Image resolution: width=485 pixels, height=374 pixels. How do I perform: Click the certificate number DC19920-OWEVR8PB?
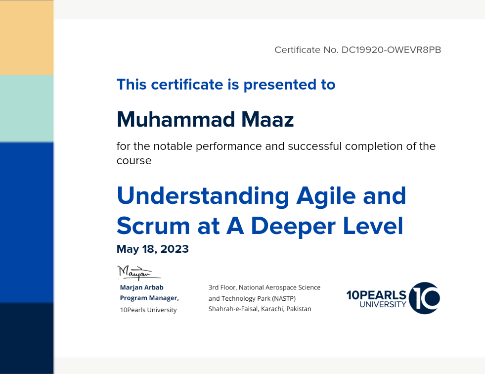tap(391, 50)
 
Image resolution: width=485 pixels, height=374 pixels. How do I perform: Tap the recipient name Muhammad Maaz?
tap(205, 119)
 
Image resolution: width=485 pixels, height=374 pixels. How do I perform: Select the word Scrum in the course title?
tap(153, 226)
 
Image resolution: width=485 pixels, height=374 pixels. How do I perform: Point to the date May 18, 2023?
tap(152, 249)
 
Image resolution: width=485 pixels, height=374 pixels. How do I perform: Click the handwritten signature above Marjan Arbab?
tap(139, 273)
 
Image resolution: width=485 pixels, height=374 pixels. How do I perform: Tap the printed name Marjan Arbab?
tap(142, 287)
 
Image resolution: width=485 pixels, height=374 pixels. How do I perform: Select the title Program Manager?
tap(149, 298)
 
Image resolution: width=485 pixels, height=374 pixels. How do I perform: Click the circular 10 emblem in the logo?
tap(424, 298)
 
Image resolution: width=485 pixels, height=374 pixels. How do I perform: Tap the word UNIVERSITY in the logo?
tap(383, 304)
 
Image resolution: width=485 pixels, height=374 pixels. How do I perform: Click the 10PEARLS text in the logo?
tap(376, 295)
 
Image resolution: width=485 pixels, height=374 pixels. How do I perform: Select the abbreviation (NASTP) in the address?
tap(284, 298)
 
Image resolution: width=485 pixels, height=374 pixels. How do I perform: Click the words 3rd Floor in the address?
tap(222, 287)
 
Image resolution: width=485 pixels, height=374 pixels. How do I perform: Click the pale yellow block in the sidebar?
tap(27, 38)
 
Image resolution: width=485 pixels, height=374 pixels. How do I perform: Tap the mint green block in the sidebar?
tap(27, 109)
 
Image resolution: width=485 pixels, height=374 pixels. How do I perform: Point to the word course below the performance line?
tap(134, 161)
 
